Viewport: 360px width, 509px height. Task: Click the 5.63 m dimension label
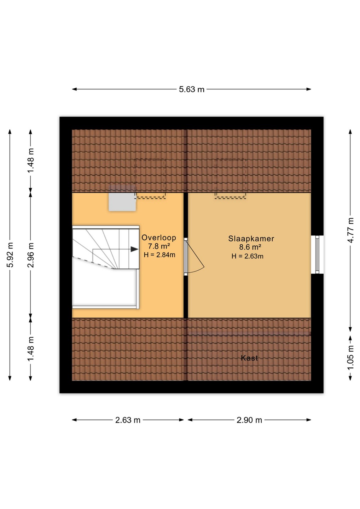(x=192, y=89)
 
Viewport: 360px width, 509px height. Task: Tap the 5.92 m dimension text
(x=10, y=255)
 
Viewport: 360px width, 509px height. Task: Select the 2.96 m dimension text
(x=31, y=255)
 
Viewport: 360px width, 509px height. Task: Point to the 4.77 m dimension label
(x=350, y=230)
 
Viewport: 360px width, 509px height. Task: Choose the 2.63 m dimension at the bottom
(x=128, y=420)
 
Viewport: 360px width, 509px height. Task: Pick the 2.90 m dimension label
(x=249, y=420)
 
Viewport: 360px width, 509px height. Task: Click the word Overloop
(x=159, y=238)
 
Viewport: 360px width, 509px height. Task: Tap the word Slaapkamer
(x=251, y=239)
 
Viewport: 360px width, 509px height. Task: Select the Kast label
(x=249, y=358)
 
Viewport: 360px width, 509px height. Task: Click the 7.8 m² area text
(x=159, y=246)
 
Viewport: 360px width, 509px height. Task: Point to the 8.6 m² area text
(x=250, y=247)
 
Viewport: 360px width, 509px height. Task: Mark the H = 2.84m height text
(x=159, y=255)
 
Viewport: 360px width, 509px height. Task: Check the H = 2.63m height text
(x=248, y=256)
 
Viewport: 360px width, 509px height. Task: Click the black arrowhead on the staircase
(x=134, y=249)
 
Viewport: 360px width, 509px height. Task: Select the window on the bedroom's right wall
(x=317, y=254)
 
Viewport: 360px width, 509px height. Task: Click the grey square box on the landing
(x=122, y=202)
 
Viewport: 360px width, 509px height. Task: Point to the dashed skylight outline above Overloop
(x=150, y=179)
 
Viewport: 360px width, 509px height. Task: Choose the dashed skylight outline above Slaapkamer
(x=231, y=179)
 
